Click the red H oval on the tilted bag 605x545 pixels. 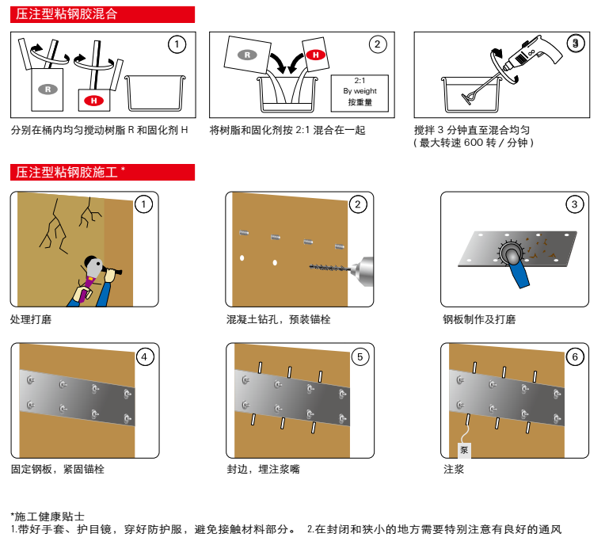tap(315, 55)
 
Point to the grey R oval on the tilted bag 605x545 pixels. tap(248, 55)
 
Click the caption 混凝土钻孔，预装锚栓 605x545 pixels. tap(278, 319)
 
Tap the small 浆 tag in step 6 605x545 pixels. tap(464, 450)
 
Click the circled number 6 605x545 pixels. tap(576, 356)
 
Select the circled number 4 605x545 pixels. tap(144, 356)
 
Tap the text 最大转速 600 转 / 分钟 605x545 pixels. tap(475, 143)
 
